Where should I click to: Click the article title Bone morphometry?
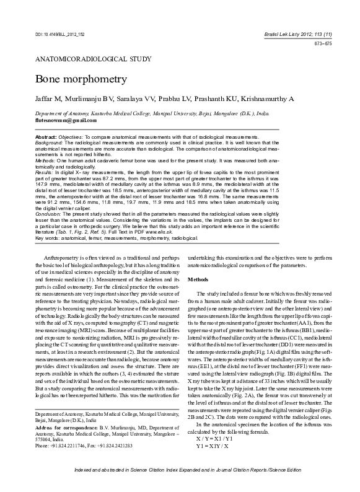72,80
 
